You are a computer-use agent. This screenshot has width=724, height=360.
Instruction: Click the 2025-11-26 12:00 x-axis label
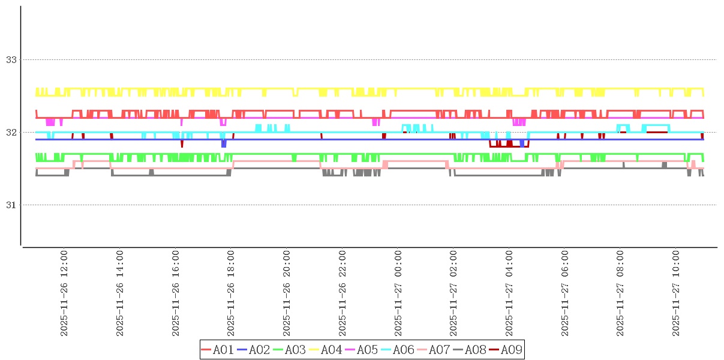64,293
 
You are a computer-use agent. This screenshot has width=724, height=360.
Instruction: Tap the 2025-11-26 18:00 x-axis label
231,293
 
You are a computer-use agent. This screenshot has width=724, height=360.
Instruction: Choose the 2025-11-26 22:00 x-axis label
343,293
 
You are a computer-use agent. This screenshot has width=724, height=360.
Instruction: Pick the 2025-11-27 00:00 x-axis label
398,293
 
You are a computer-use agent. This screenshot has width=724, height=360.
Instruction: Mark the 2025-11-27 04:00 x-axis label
510,293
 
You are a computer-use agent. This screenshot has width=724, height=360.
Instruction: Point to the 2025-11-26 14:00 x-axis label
119,293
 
